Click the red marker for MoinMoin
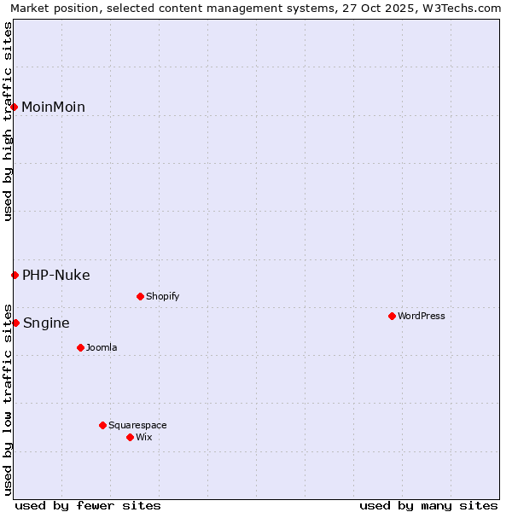(15, 107)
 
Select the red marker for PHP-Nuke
(15, 275)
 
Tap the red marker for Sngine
(15, 323)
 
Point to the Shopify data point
(140, 296)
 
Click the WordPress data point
(392, 316)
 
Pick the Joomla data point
(80, 347)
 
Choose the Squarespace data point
(102, 425)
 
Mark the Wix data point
(130, 437)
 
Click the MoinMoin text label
(53, 107)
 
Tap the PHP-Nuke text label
(56, 275)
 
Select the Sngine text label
(46, 323)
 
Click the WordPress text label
(422, 316)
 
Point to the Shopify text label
(162, 296)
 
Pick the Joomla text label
(102, 347)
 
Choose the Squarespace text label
(137, 425)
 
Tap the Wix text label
(144, 437)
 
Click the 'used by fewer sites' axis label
(88, 505)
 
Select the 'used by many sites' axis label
(428, 505)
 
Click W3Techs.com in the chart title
(463, 8)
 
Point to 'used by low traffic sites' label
(9, 399)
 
